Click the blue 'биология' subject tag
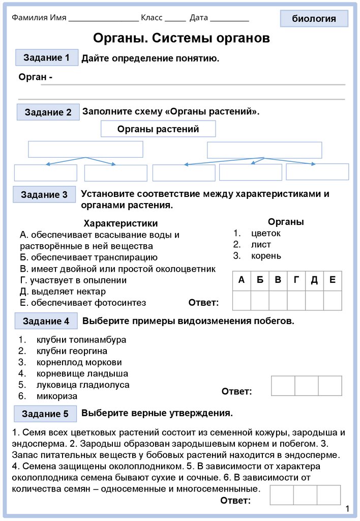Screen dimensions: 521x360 click(314, 19)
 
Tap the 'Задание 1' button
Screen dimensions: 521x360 click(47, 57)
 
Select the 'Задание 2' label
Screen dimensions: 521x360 click(48, 112)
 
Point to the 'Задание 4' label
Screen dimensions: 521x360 click(46, 321)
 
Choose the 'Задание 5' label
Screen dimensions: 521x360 click(45, 414)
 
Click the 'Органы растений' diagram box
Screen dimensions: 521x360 click(158, 129)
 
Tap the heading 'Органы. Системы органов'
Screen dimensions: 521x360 click(182, 38)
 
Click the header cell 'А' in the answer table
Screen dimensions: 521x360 click(241, 280)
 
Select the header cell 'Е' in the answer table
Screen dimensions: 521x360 click(332, 280)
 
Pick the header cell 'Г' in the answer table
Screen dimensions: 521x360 click(296, 280)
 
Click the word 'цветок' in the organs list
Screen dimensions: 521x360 click(265, 233)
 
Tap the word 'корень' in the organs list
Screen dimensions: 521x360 click(266, 255)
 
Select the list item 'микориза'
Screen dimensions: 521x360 click(57, 396)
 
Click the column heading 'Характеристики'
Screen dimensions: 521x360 click(121, 223)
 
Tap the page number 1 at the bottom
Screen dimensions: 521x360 click(347, 509)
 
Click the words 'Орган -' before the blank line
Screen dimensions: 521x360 click(36, 77)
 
